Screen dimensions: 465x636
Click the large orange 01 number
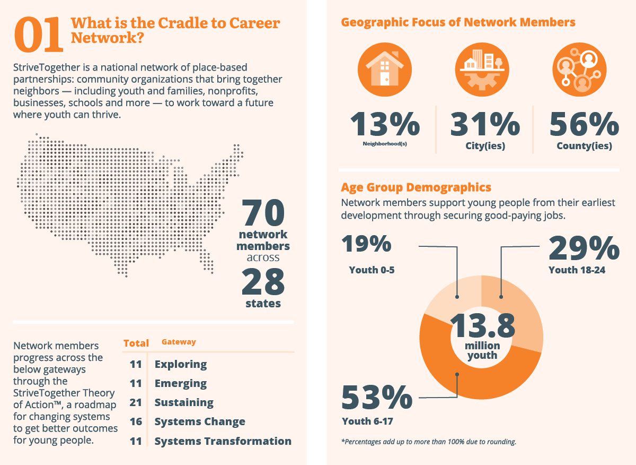tap(40, 35)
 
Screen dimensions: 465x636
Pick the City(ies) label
tap(485, 147)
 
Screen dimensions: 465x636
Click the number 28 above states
tap(263, 282)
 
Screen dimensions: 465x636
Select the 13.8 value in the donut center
tap(482, 325)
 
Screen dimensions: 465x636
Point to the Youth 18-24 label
tap(577, 270)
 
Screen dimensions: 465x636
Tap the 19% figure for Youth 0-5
tap(367, 244)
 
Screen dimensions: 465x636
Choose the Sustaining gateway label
tap(184, 402)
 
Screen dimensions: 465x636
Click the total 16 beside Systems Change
tap(136, 421)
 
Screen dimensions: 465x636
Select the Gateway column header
tap(179, 342)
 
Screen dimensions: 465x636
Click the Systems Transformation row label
tap(223, 441)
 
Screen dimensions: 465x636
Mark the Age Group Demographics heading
tap(416, 187)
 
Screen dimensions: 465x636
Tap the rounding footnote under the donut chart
tap(428, 442)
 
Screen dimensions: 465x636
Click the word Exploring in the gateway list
tap(181, 364)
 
